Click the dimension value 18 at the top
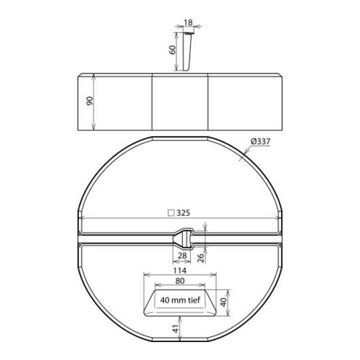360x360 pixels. [188, 22]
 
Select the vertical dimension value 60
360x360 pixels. [172, 50]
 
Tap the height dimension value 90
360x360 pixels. [90, 101]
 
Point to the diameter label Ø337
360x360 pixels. [260, 141]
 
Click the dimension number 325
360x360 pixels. [183, 213]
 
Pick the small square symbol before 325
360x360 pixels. [171, 213]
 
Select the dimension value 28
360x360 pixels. [182, 255]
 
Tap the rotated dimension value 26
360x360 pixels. [200, 258]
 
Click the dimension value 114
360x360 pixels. [179, 270]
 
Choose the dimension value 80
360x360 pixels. [180, 281]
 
